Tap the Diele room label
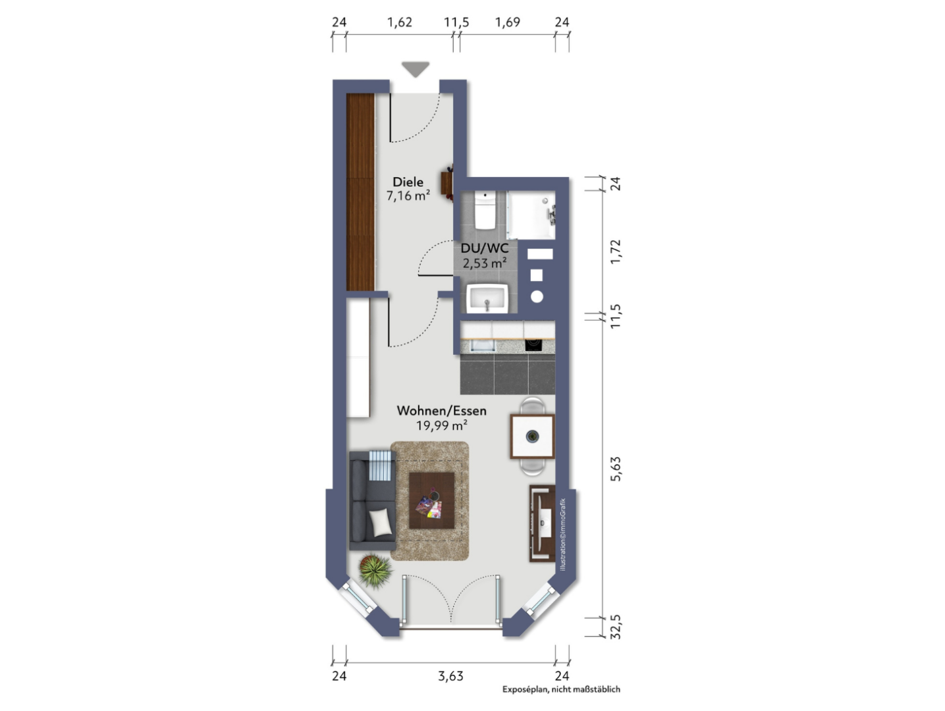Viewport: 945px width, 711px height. click(408, 182)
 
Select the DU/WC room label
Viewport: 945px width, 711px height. click(484, 248)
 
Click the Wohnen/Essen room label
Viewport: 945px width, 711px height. click(442, 411)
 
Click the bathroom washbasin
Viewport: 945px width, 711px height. click(487, 298)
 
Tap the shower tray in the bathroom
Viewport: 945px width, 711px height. click(531, 215)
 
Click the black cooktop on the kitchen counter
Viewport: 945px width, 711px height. click(533, 346)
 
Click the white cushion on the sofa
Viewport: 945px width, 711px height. click(381, 522)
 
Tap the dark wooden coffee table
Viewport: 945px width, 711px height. click(431, 500)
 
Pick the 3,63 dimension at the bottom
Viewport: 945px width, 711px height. click(450, 676)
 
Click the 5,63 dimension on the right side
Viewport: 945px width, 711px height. click(616, 469)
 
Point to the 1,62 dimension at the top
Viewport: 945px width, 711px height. click(400, 22)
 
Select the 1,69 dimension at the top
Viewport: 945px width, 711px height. click(508, 22)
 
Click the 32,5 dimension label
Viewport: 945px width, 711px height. click(616, 627)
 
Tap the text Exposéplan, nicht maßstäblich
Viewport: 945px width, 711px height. click(562, 689)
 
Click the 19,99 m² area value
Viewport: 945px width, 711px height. click(442, 426)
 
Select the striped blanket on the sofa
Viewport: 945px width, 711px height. click(380, 465)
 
